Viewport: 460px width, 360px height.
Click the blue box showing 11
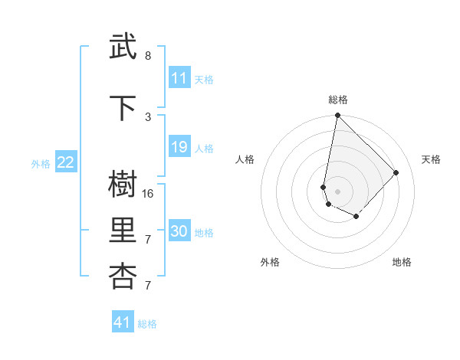pyautogui.click(x=179, y=78)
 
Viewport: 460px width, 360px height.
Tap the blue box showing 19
pyautogui.click(x=179, y=147)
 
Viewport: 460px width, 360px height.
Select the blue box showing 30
pyautogui.click(x=179, y=231)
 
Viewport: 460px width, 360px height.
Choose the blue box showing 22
pyautogui.click(x=66, y=162)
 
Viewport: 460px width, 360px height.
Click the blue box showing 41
pyautogui.click(x=123, y=322)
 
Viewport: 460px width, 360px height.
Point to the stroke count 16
pyautogui.click(x=148, y=194)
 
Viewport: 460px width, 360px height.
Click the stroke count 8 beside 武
pyautogui.click(x=148, y=56)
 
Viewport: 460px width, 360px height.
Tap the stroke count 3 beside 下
pyautogui.click(x=148, y=116)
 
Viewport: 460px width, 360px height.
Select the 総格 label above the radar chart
pyautogui.click(x=338, y=100)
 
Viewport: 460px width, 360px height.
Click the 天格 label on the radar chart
pyautogui.click(x=431, y=159)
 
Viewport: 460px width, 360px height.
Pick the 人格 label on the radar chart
pyautogui.click(x=245, y=159)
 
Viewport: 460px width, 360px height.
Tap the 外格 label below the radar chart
pyautogui.click(x=270, y=262)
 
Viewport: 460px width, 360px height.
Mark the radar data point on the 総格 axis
pyautogui.click(x=337, y=116)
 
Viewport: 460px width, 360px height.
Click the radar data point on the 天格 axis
pyautogui.click(x=396, y=172)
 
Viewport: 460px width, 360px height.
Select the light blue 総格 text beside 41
pyautogui.click(x=147, y=324)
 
